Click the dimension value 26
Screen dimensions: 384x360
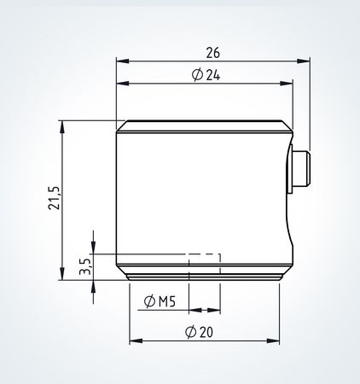click(x=212, y=51)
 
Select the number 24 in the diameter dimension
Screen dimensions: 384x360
click(x=212, y=75)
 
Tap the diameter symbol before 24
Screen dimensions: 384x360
click(x=198, y=75)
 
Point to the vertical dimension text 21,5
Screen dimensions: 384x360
click(x=54, y=198)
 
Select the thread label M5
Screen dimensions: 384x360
click(x=166, y=301)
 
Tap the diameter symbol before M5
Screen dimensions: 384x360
click(x=150, y=301)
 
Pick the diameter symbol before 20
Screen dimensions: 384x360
click(x=190, y=332)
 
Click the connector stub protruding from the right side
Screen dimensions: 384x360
click(x=302, y=169)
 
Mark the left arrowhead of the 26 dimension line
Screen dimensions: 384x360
click(x=121, y=61)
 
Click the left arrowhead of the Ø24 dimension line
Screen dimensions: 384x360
click(x=121, y=84)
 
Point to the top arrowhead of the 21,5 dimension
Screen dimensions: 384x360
click(x=62, y=125)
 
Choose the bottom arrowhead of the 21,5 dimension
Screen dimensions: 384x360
click(x=62, y=275)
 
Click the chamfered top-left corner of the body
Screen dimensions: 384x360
click(x=119, y=125)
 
